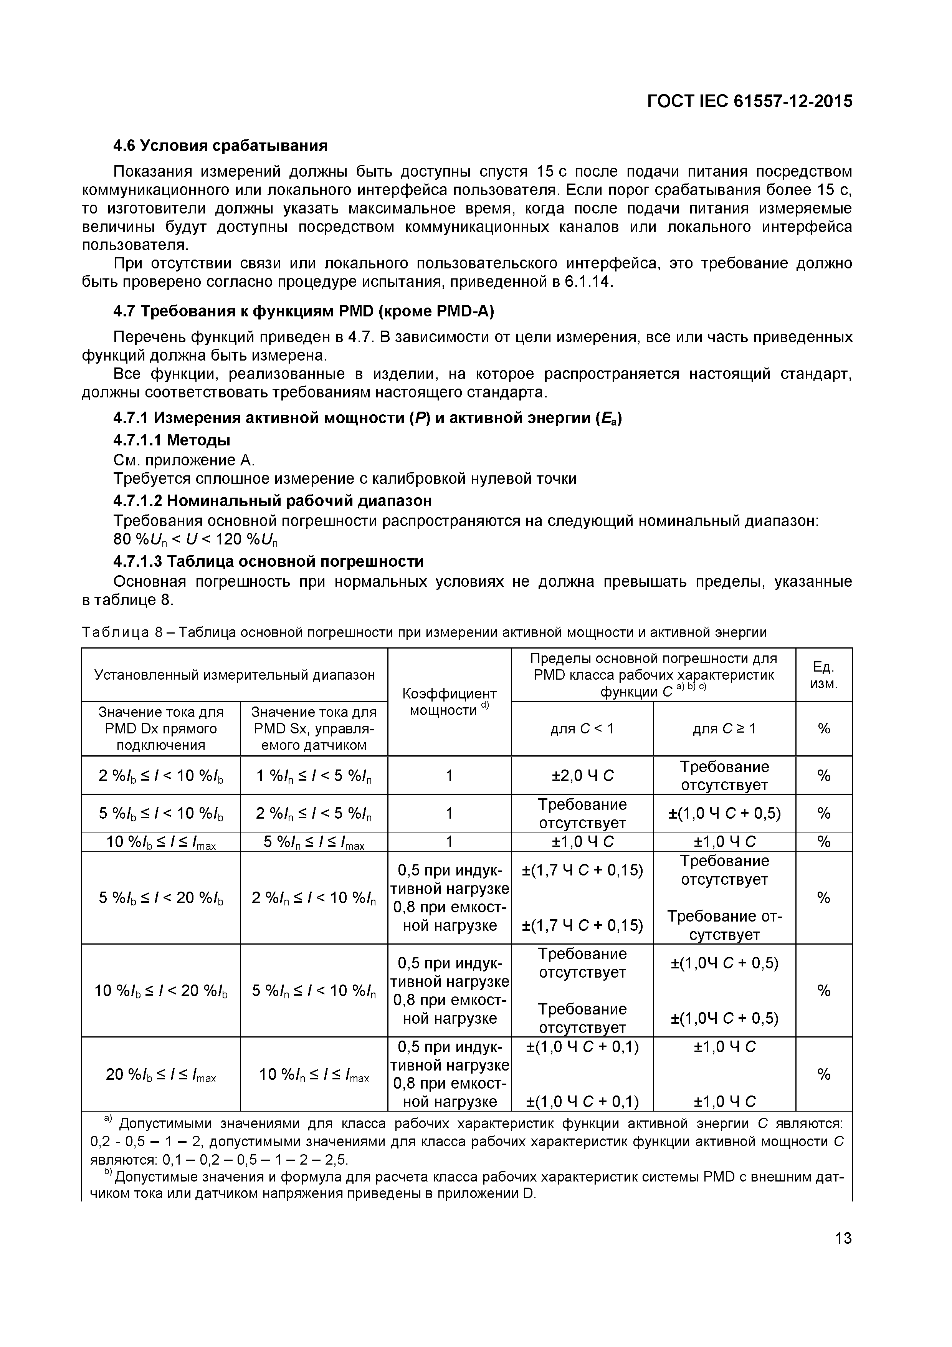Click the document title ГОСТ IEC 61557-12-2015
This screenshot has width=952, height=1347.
point(749,101)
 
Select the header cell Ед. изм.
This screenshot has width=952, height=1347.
point(823,675)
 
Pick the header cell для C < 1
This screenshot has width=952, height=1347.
point(582,729)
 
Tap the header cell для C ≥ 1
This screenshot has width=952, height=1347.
point(724,729)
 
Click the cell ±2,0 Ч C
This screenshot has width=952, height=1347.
point(582,776)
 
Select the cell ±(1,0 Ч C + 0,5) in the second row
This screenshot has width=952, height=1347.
point(724,813)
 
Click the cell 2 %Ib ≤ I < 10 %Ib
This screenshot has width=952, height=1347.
point(161,776)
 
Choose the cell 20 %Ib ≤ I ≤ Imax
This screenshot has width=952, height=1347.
point(161,1075)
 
